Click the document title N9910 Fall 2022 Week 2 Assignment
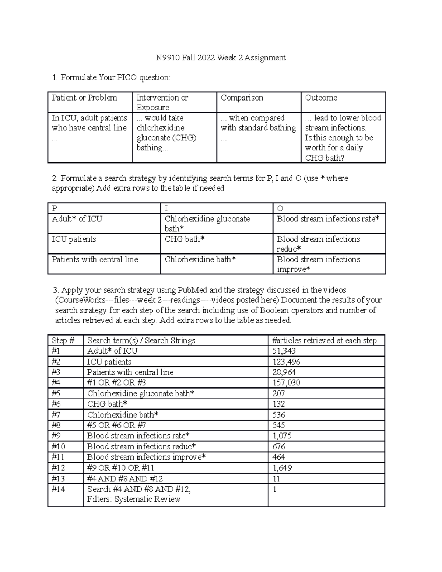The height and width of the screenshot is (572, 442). coord(221,57)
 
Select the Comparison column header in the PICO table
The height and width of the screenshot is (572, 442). coord(242,98)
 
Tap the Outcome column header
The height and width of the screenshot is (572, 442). coord(321,98)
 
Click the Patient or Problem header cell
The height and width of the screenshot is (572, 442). coord(84,98)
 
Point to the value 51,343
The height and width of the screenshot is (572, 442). coord(284,351)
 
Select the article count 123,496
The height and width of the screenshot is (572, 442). coord(286,362)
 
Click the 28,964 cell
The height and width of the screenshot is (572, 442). coord(284,372)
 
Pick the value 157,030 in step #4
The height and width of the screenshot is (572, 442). coord(286,383)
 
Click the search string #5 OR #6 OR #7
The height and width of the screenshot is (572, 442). coord(116,425)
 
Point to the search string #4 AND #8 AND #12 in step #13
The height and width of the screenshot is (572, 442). coord(125,478)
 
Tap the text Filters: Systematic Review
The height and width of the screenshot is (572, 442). coord(134,499)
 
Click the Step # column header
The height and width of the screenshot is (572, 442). coord(63,340)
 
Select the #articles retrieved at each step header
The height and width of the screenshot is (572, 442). coord(324,340)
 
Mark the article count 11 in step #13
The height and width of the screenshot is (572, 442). coord(276,478)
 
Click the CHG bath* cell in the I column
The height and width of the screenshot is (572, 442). coord(185,239)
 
